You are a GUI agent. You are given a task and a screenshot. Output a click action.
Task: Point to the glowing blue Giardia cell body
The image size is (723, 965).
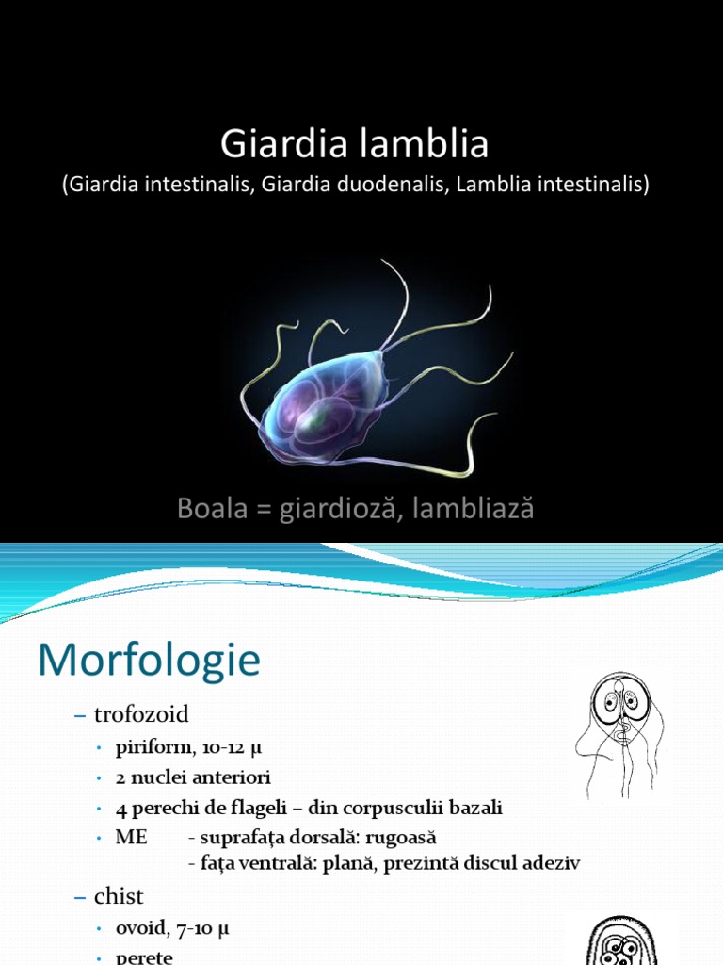click(x=315, y=410)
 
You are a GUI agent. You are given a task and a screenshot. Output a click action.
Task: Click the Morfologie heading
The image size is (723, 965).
click(x=149, y=661)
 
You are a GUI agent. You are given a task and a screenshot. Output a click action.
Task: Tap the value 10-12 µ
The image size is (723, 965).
click(x=223, y=749)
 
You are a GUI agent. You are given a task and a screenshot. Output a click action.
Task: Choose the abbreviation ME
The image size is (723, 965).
click(x=131, y=837)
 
